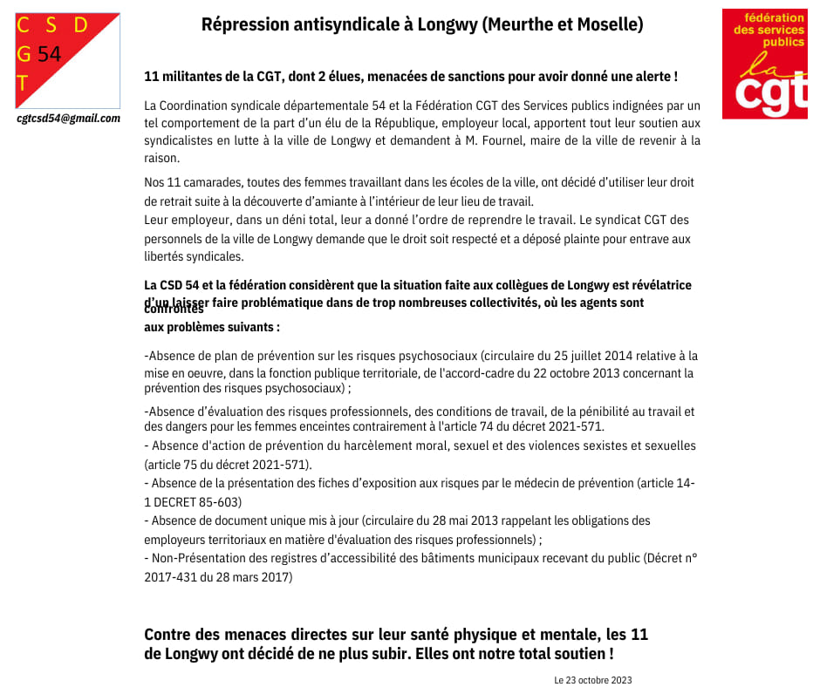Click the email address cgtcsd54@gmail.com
coord(69,119)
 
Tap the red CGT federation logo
coord(764,64)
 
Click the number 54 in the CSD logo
coord(50,54)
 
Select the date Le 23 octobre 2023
coord(592,680)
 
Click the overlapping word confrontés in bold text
coord(174,309)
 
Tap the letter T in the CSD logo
coord(23,84)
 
